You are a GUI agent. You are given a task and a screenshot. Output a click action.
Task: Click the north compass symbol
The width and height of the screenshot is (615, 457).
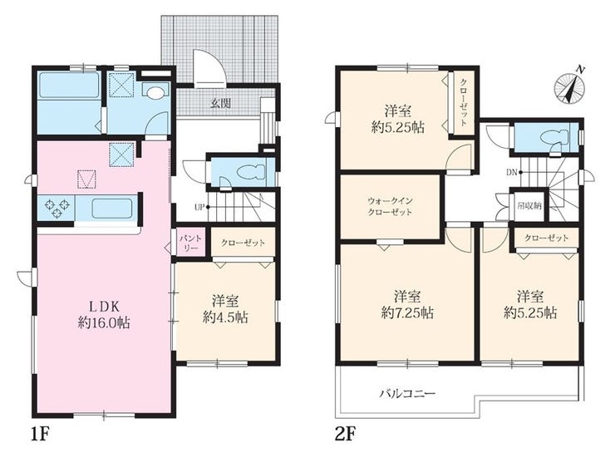(x=569, y=87)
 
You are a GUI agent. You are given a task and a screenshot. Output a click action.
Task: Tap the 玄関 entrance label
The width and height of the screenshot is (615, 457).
(x=220, y=104)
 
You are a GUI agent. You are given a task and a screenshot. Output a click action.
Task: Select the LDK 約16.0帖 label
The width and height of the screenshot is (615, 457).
(x=104, y=314)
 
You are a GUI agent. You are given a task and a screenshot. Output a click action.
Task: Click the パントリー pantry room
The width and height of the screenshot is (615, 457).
(x=190, y=243)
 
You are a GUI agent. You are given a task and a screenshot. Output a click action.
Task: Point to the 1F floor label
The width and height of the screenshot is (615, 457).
(x=41, y=435)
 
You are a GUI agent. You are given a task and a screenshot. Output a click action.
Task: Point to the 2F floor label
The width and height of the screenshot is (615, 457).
(x=346, y=435)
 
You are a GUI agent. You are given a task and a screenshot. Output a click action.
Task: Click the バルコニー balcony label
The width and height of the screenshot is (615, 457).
(x=407, y=394)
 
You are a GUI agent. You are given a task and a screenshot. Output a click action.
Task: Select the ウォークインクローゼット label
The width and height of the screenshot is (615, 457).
(x=390, y=207)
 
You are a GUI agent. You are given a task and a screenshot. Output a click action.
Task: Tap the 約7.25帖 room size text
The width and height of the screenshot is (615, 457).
(x=407, y=313)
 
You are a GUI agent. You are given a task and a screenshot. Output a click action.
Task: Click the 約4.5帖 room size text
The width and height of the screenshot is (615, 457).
(x=225, y=317)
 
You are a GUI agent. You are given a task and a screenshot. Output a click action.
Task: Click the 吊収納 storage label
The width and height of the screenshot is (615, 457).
(x=529, y=205)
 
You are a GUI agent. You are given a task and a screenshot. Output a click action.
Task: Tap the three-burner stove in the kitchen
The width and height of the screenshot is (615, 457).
(x=57, y=208)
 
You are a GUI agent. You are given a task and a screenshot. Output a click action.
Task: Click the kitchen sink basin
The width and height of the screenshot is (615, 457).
(x=112, y=208)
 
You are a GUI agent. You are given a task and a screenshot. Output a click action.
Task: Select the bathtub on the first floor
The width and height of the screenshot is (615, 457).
(x=69, y=85)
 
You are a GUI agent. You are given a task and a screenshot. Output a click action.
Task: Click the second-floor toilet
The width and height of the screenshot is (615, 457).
(x=553, y=138)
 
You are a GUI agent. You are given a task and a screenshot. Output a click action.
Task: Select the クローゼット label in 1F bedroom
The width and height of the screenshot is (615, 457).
(x=243, y=243)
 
